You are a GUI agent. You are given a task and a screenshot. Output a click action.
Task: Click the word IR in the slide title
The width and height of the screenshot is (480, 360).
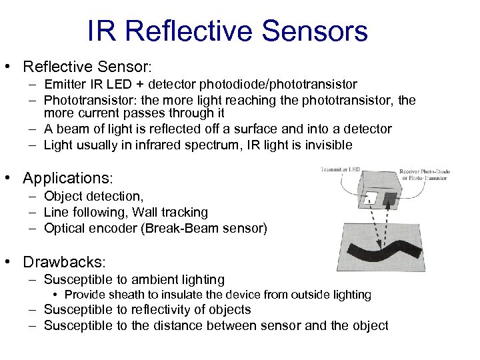tap(101, 31)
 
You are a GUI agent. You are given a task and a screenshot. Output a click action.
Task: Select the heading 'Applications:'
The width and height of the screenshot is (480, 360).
tap(68, 179)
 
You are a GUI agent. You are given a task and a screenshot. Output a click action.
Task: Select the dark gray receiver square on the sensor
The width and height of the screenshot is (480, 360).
tap(388, 199)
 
